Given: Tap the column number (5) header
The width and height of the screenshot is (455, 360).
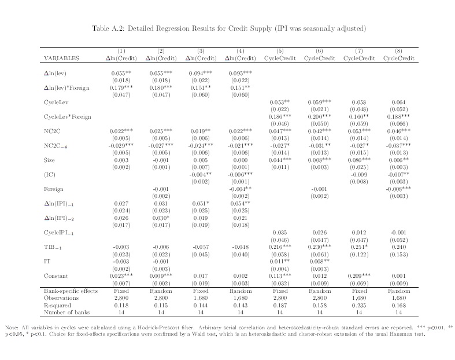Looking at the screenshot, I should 279,52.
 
